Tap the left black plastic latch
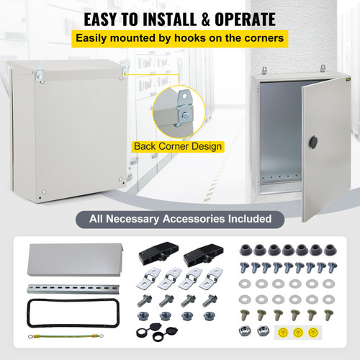(x=153, y=253)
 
